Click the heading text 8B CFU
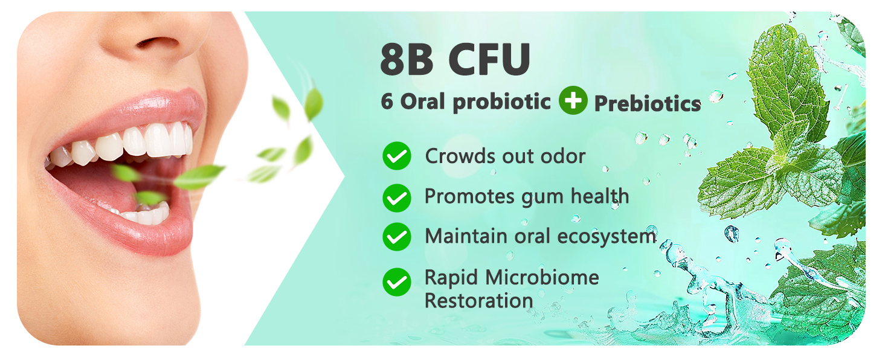(x=455, y=59)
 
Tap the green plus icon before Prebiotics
(x=573, y=100)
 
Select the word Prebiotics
(x=648, y=104)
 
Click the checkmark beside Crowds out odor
(x=397, y=156)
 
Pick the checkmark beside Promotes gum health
(x=397, y=197)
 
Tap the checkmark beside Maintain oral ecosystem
(x=397, y=236)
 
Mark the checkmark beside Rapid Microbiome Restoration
(x=397, y=282)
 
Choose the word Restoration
(x=479, y=300)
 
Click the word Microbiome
(x=543, y=278)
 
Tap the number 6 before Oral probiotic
(x=387, y=101)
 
